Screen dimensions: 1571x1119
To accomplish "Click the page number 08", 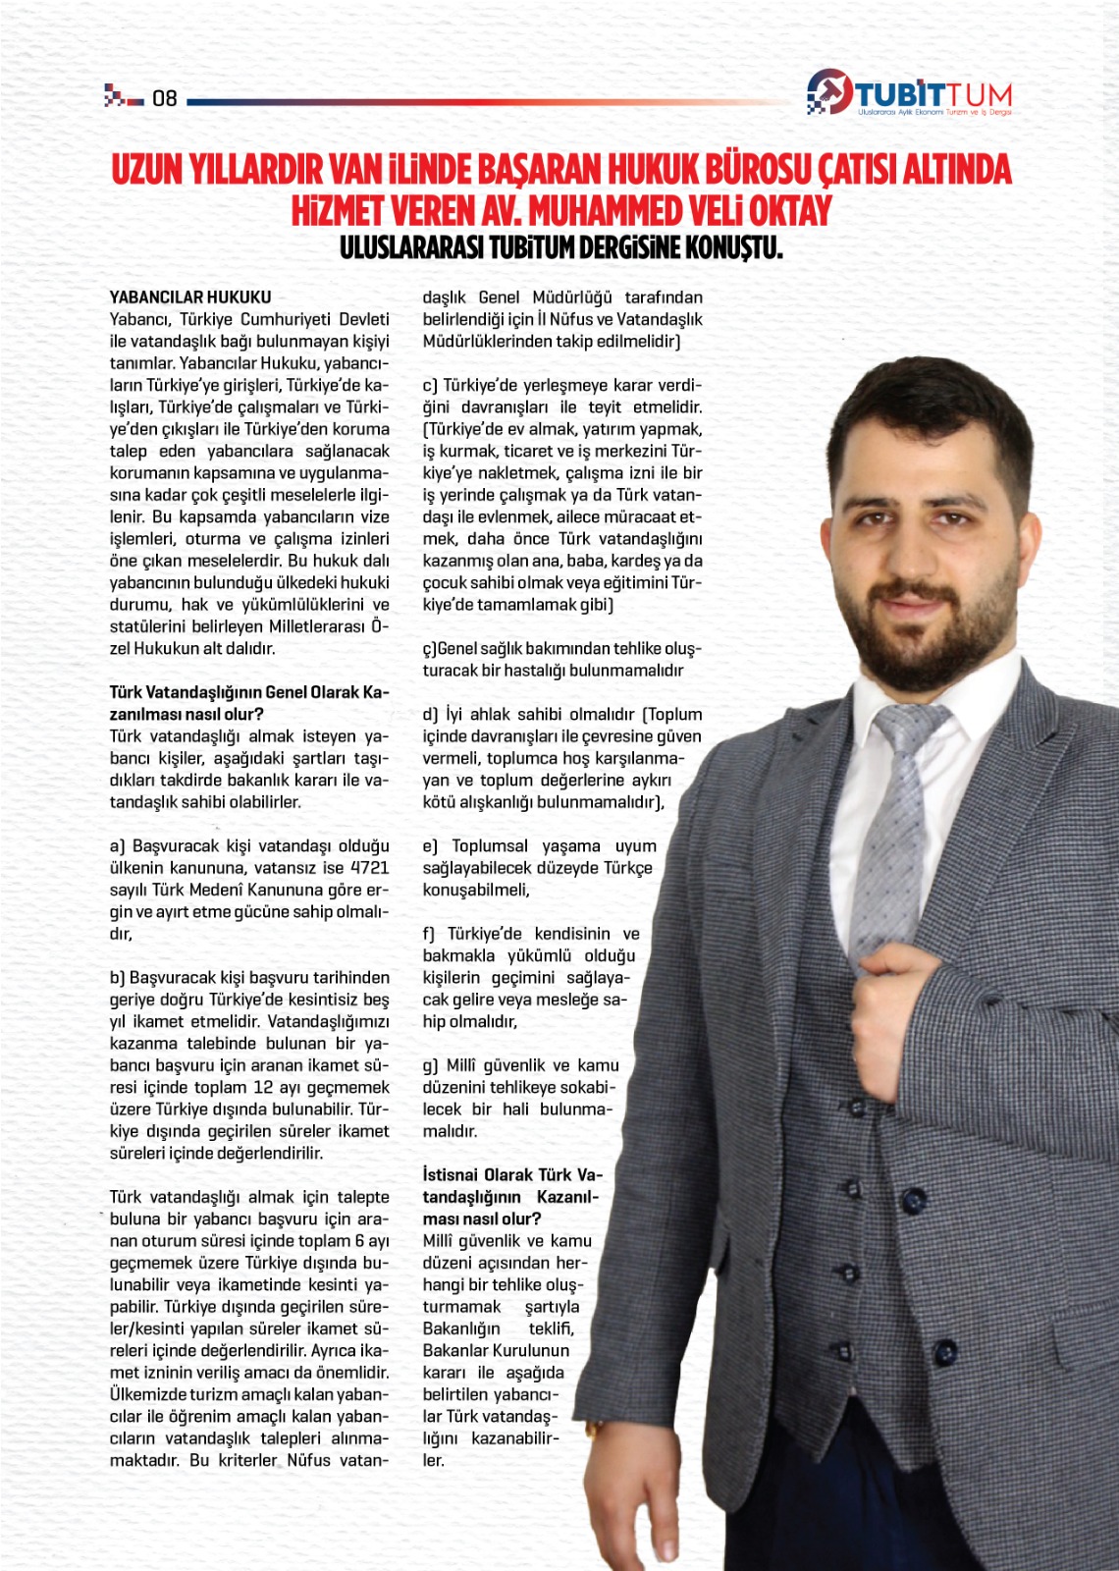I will pos(164,98).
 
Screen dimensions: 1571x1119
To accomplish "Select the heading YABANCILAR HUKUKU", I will pos(190,297).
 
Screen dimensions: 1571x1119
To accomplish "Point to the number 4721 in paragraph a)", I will pos(369,868).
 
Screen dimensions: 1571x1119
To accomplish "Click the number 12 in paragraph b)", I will pos(263,1087).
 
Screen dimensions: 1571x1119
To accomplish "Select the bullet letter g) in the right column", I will pos(430,1065).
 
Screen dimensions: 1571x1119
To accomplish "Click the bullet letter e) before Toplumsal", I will pos(430,846).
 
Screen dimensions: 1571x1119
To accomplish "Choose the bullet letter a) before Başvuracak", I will pos(117,846).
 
